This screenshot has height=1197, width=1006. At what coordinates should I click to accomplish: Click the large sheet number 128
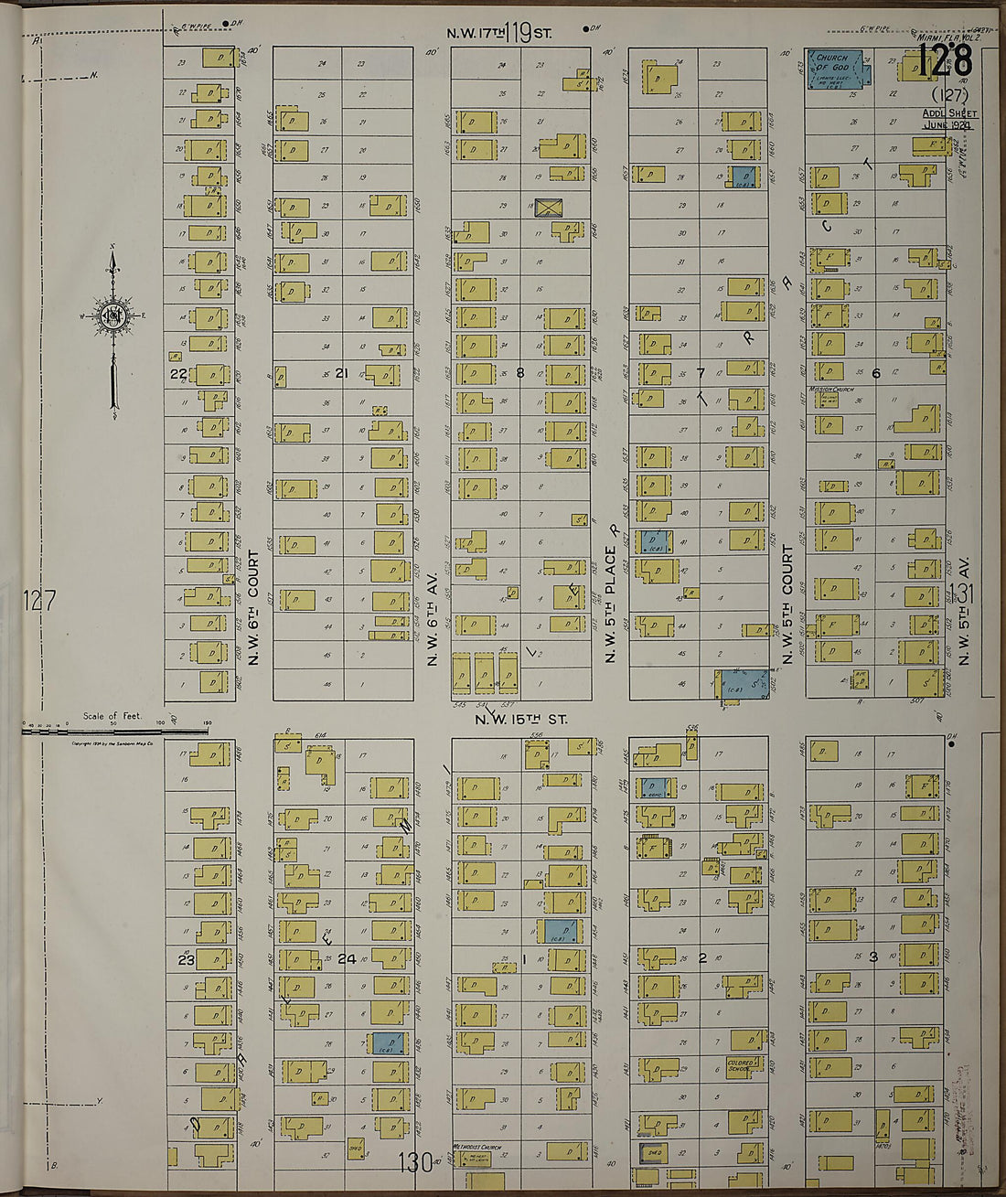tap(945, 63)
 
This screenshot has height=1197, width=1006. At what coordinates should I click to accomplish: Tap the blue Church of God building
tap(837, 69)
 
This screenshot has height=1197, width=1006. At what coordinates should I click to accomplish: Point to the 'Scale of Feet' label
tap(112, 716)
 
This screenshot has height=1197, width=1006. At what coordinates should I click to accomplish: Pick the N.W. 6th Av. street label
tap(433, 618)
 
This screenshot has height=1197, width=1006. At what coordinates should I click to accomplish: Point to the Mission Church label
tap(831, 389)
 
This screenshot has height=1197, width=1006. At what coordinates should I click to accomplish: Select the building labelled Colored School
tap(741, 1066)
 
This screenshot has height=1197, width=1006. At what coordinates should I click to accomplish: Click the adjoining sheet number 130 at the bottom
tap(415, 1162)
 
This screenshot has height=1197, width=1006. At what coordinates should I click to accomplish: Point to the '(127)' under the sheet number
tap(947, 94)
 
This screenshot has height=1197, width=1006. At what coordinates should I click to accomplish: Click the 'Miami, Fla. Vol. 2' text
tap(948, 37)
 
